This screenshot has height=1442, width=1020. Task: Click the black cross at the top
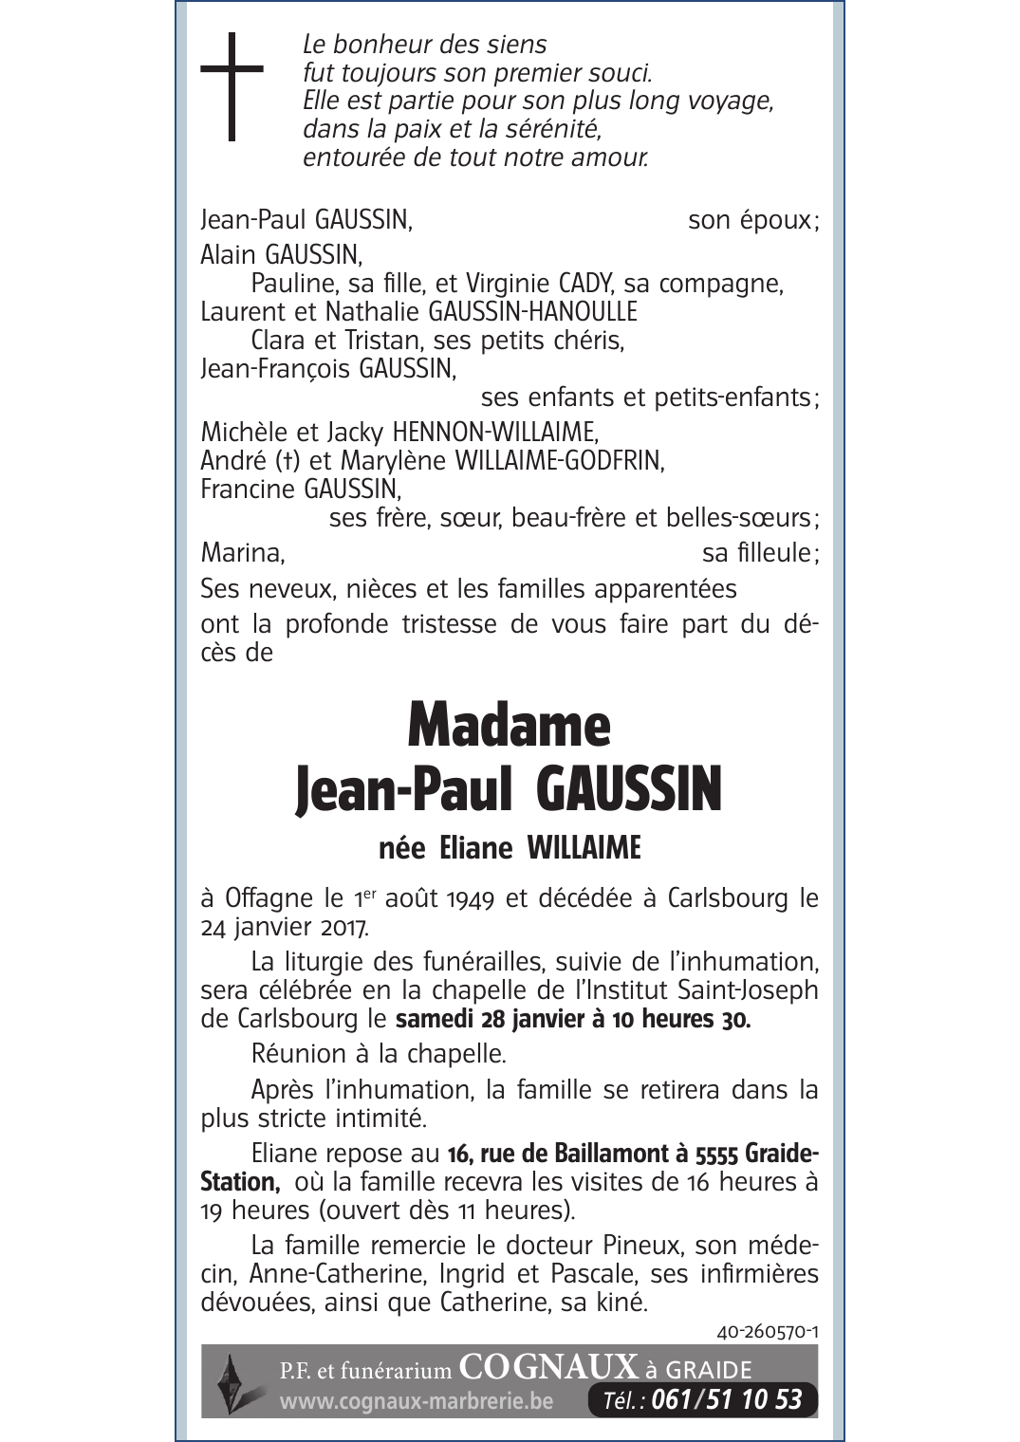click(232, 86)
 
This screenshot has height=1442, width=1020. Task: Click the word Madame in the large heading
click(509, 727)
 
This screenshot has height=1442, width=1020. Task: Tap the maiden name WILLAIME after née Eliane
click(584, 847)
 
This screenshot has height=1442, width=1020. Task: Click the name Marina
click(242, 552)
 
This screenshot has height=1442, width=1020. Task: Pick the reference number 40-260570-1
click(768, 1332)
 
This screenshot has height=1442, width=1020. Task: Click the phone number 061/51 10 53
click(727, 1399)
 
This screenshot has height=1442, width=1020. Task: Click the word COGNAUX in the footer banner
click(547, 1366)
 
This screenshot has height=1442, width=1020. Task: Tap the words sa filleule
click(756, 552)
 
